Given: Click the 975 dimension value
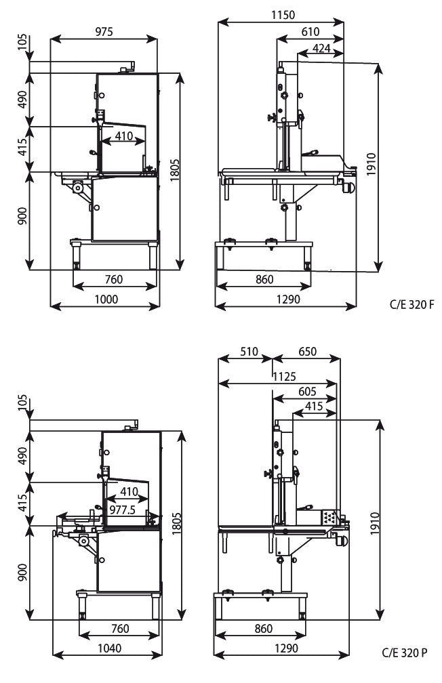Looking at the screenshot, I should tap(104, 31).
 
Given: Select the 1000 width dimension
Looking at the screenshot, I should tap(106, 299).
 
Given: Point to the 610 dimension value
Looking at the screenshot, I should tap(310, 32).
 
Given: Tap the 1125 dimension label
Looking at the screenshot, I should tap(284, 376).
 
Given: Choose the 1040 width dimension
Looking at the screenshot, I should tap(106, 648).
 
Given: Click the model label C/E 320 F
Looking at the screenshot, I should tap(409, 306).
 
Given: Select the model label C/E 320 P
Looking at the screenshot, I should tap(404, 654).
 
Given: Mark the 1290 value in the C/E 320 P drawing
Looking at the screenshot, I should tap(286, 648).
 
